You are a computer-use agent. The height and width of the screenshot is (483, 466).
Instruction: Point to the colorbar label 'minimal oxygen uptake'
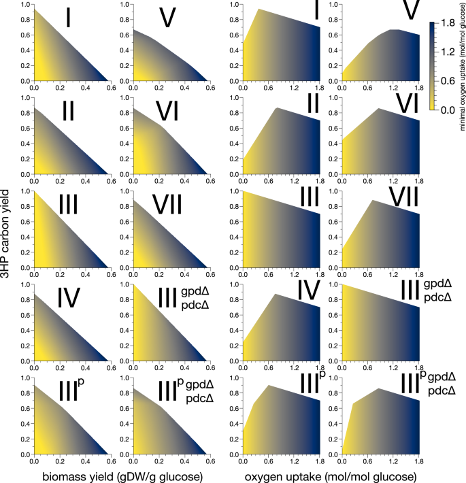point(462,65)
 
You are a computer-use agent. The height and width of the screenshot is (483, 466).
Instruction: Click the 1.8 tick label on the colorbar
point(448,22)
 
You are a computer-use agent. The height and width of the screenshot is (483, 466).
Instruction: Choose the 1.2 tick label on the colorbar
point(448,51)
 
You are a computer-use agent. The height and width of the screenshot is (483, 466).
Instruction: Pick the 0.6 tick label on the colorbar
point(448,80)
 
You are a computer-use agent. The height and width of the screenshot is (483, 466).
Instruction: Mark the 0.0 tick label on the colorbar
point(448,109)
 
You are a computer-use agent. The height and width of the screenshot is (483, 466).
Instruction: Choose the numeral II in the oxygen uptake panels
point(313,105)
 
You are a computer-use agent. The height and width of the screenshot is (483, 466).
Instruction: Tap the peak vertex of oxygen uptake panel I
point(259,9)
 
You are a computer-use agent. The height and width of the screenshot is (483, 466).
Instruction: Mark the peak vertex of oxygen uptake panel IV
point(275,294)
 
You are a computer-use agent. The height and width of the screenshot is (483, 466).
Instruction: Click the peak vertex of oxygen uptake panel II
point(277,108)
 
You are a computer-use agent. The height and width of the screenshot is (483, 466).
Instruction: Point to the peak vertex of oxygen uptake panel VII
point(371,201)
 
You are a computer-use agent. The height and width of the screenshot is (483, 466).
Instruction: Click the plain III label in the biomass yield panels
point(71,204)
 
